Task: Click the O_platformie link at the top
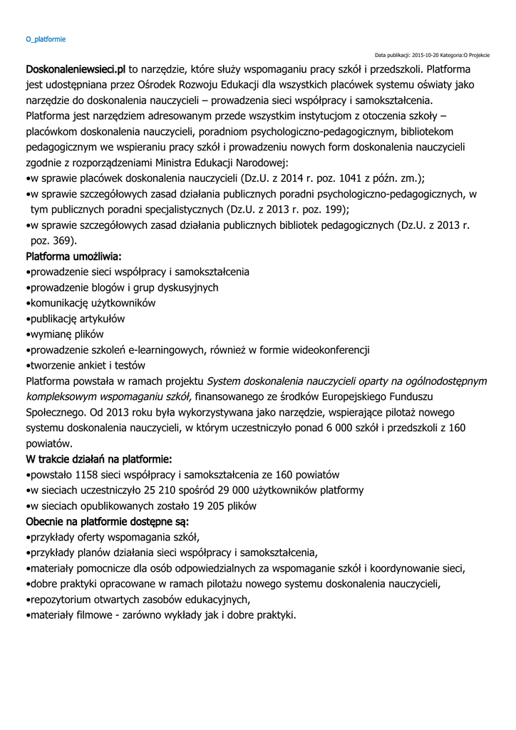[45, 38]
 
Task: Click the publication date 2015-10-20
[429, 55]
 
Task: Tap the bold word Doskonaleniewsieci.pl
[76, 70]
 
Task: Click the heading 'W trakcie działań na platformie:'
[98, 458]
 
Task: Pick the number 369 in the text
[62, 241]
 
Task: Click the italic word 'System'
[223, 381]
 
